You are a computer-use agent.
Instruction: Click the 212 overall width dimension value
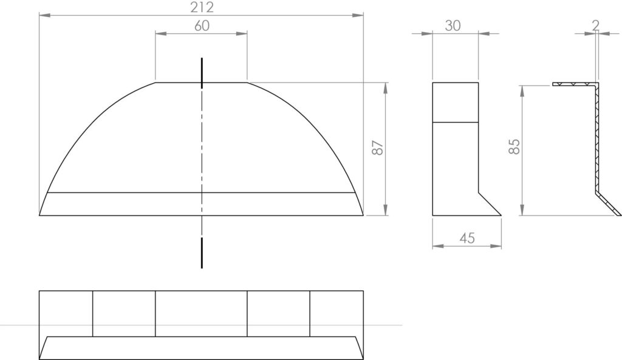(202, 7)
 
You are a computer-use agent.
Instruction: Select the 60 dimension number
(202, 25)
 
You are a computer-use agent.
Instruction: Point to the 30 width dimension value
(453, 25)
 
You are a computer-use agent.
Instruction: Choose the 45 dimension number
(467, 238)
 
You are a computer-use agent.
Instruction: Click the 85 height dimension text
(514, 147)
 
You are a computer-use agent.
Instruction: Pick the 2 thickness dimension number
(595, 25)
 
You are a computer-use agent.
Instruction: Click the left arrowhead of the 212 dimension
(45, 15)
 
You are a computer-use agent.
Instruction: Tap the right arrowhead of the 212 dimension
(358, 15)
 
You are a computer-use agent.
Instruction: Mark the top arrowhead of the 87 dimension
(386, 89)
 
